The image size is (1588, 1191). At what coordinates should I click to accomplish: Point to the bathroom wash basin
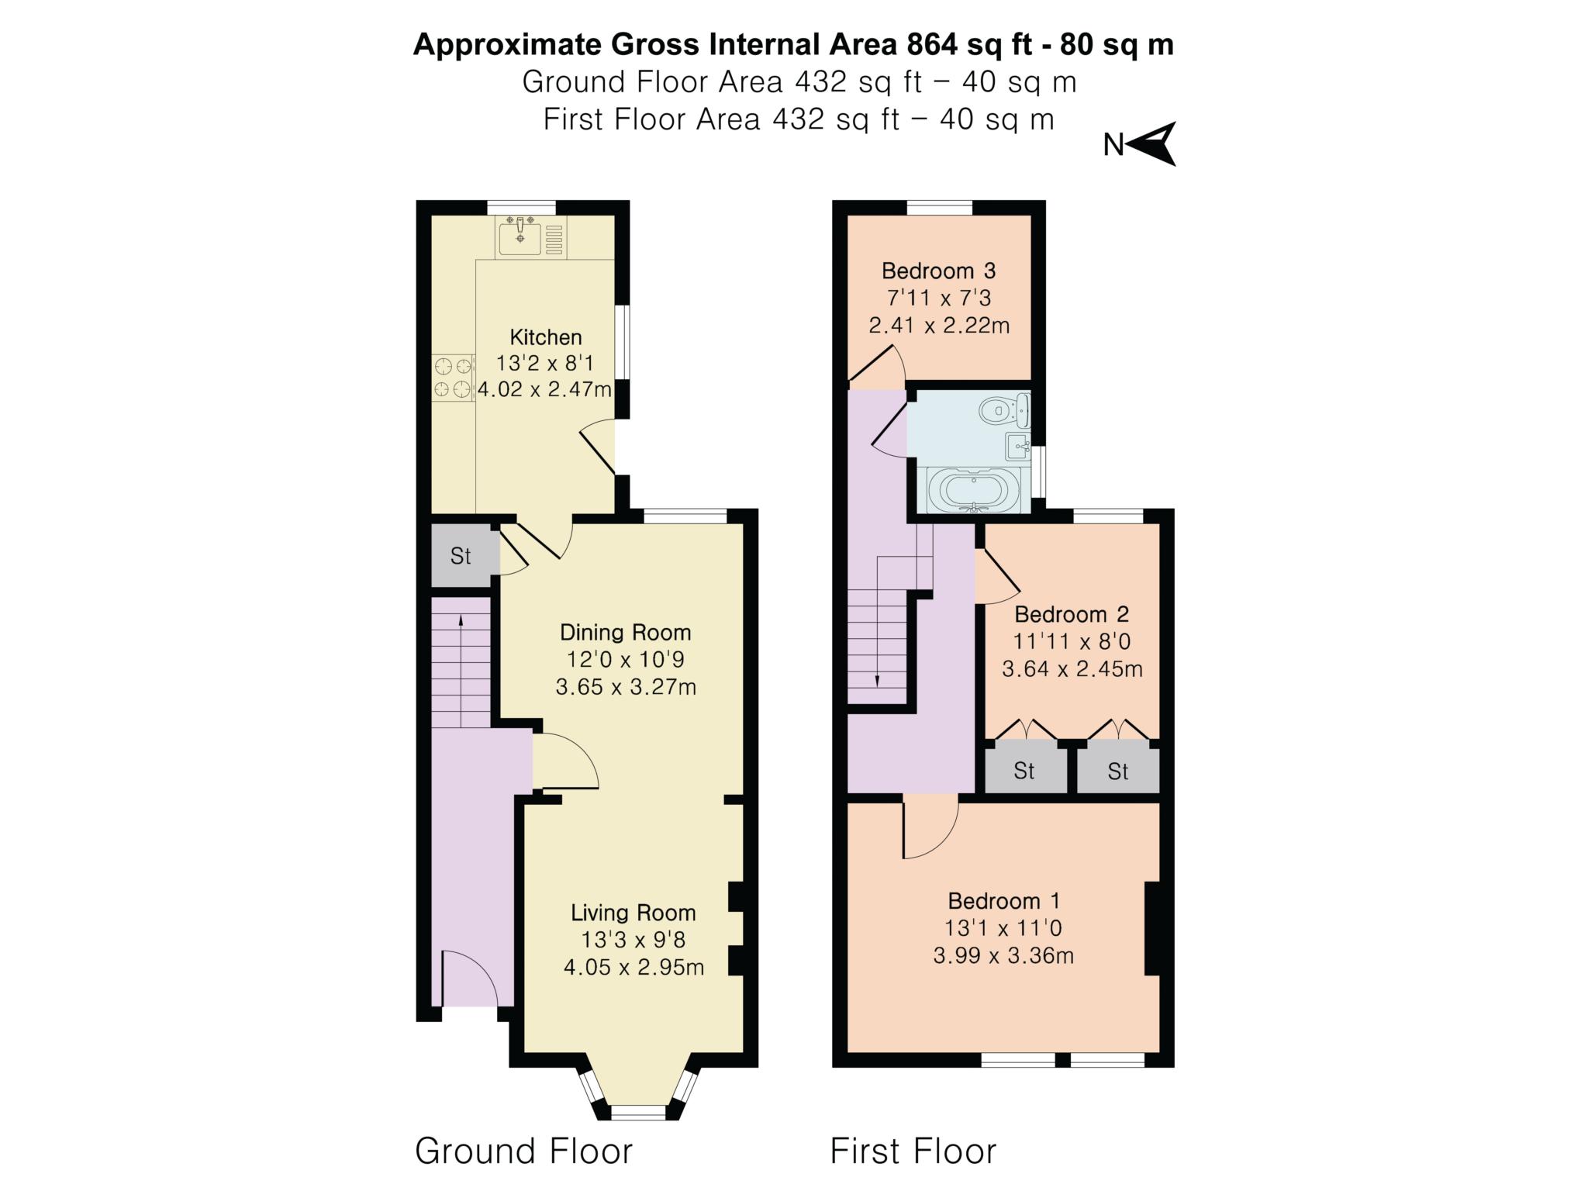pyautogui.click(x=1017, y=447)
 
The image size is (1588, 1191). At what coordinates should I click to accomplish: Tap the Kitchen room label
pyautogui.click(x=545, y=337)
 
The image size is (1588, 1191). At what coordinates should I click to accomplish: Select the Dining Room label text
pyautogui.click(x=625, y=633)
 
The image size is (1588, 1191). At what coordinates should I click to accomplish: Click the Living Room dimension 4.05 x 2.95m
pyautogui.click(x=633, y=968)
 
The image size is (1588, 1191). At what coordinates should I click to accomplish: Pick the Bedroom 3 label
pyautogui.click(x=938, y=271)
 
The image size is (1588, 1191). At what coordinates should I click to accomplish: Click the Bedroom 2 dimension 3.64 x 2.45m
pyautogui.click(x=1072, y=669)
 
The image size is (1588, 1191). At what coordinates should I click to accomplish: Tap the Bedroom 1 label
pyautogui.click(x=1003, y=901)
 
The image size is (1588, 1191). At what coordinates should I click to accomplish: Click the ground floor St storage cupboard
pyautogui.click(x=461, y=556)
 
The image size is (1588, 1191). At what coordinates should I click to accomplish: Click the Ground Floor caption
pyautogui.click(x=523, y=1151)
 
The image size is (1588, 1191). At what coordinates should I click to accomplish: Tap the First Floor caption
pyautogui.click(x=913, y=1151)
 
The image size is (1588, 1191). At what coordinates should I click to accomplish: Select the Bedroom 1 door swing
pyautogui.click(x=929, y=830)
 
